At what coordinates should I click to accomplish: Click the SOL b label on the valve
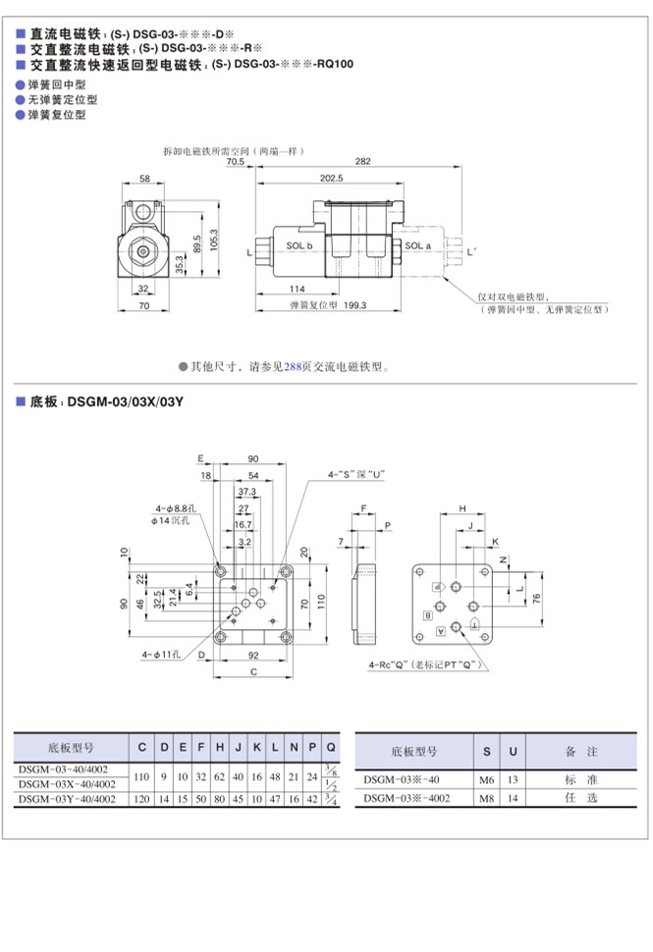[x=299, y=245]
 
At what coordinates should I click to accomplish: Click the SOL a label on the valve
[x=418, y=245]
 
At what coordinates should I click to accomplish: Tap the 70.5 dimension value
[x=236, y=161]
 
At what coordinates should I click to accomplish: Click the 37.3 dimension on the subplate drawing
[x=246, y=491]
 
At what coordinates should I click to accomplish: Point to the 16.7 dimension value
[x=242, y=526]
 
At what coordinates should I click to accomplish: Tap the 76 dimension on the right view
[x=536, y=599]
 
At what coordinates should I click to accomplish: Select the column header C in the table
[x=142, y=748]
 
